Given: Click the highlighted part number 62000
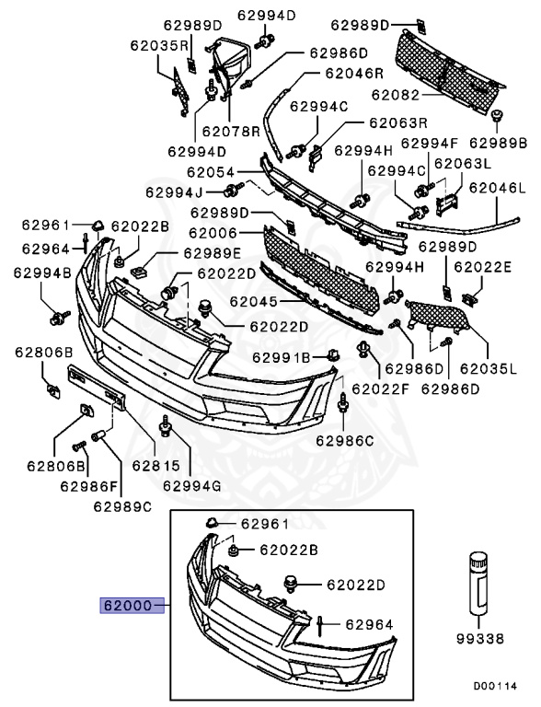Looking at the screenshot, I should [127, 607].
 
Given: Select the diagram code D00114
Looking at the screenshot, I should [496, 686].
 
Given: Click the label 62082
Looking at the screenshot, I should [397, 95].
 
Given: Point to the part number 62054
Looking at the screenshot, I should [209, 172].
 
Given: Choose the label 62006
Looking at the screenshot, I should [213, 234].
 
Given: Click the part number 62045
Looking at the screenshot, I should [255, 300].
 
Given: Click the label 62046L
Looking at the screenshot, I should [497, 188].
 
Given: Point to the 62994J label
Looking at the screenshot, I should [174, 191].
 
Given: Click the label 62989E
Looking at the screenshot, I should [212, 253].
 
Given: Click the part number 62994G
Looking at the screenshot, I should [192, 484].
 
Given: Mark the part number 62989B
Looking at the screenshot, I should [497, 143].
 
